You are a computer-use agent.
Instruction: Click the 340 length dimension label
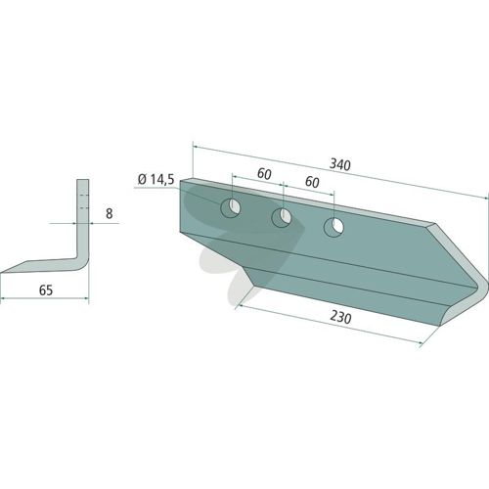tap(340, 164)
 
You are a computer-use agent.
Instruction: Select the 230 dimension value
tap(340, 317)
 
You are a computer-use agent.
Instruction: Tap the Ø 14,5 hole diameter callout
tap(156, 179)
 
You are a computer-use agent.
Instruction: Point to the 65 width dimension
tap(46, 289)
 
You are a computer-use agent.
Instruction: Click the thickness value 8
tap(110, 213)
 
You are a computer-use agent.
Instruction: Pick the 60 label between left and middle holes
tap(264, 174)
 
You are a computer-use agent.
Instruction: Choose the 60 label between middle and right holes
tap(312, 182)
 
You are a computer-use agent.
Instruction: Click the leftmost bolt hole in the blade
tap(231, 207)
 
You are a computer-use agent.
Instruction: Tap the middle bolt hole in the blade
tap(282, 217)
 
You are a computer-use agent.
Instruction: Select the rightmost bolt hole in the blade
tap(333, 227)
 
